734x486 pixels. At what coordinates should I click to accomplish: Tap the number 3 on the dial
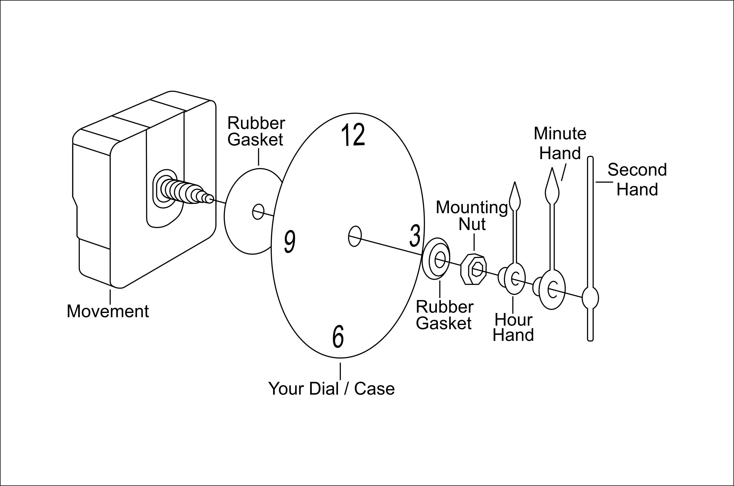coord(415,236)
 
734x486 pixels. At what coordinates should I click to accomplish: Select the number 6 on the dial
coord(338,337)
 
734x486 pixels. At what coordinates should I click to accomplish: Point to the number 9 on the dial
coord(290,242)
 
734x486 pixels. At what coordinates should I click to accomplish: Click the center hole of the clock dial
coord(355,237)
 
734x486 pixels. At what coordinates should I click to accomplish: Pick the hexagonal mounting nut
coord(474,269)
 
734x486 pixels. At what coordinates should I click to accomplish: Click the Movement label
coord(108,311)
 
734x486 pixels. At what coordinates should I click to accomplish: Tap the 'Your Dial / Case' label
coord(331,388)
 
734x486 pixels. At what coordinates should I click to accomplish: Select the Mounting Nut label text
coord(472,216)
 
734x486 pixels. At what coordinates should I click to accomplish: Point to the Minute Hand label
coord(560,143)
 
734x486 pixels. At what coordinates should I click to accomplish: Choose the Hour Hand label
coord(513,328)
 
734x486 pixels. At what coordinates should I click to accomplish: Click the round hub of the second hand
coord(590,298)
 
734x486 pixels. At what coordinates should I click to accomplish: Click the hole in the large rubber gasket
coord(258,212)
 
